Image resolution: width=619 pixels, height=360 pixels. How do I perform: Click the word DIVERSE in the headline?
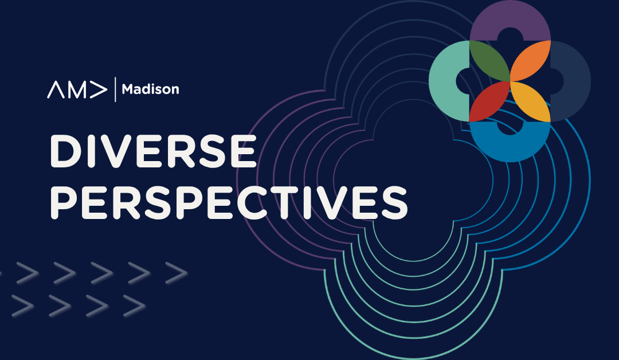pyautogui.click(x=153, y=151)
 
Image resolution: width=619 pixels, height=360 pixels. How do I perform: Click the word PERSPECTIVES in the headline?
pyautogui.click(x=229, y=203)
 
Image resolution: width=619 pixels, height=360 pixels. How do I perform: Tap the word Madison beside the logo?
pyautogui.click(x=150, y=89)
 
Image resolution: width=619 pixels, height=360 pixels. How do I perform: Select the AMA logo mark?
pyautogui.click(x=77, y=89)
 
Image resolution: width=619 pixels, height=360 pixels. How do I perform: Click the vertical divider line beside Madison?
pyautogui.click(x=115, y=89)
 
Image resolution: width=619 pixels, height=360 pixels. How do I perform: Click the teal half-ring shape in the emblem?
pyautogui.click(x=444, y=81)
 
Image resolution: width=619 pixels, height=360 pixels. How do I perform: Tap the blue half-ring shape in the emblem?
pyautogui.click(x=510, y=146)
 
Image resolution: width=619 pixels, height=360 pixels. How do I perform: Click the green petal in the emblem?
pyautogui.click(x=489, y=61)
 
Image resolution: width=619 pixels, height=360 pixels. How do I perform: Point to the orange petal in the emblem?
pyautogui.click(x=530, y=61)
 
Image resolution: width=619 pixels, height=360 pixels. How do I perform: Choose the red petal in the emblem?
pyautogui.click(x=489, y=101)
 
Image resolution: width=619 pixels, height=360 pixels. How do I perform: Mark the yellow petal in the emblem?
pyautogui.click(x=530, y=101)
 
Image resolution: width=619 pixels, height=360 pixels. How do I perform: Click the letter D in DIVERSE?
pyautogui.click(x=65, y=151)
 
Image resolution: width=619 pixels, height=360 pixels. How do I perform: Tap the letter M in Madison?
pyautogui.click(x=128, y=89)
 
